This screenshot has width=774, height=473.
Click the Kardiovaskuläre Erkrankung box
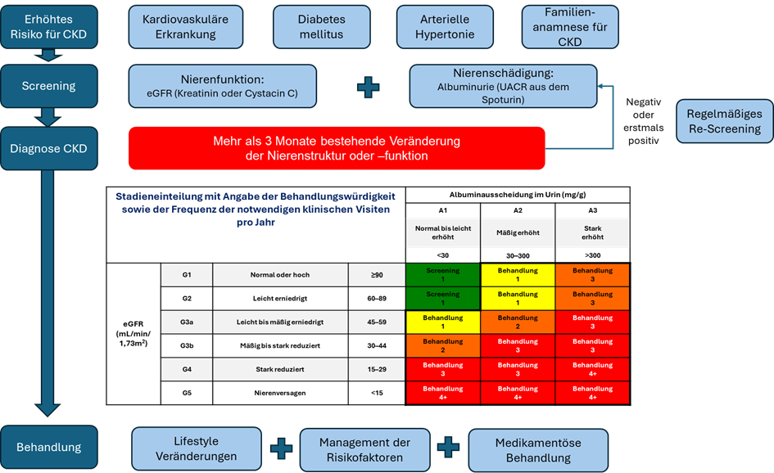pos(185,27)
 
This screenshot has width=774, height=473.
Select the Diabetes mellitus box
pos(321,27)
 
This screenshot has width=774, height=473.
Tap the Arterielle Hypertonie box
pos(445,27)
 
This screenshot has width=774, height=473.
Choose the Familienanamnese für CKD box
pos(569,27)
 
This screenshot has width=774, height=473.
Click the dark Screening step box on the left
pos(48,86)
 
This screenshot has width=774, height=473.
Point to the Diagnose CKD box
pos(48,149)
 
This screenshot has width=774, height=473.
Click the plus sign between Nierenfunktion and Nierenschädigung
pos(369,86)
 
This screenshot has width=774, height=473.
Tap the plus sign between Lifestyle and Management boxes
pos(281,448)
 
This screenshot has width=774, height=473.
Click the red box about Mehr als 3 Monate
pos(336,148)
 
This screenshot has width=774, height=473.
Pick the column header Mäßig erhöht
pos(518,233)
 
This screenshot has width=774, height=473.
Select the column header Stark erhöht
pos(592,233)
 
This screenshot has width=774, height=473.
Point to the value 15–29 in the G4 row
pos(377,370)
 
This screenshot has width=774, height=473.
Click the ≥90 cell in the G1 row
pos(377,275)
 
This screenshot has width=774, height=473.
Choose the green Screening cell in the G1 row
pos(442,275)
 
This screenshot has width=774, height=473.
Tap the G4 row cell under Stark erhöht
pos(592,370)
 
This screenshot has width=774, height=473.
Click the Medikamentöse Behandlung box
pos(538,450)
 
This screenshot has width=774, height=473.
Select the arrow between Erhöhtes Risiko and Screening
pos(48,56)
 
